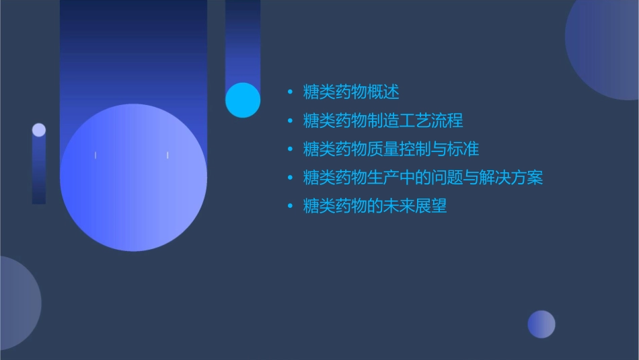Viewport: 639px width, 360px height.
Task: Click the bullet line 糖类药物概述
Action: click(x=351, y=92)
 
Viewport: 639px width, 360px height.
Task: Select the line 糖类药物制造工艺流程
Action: click(x=383, y=120)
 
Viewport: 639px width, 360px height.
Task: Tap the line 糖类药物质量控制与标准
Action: click(x=391, y=149)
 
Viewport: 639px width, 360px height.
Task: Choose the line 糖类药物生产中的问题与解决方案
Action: click(x=423, y=178)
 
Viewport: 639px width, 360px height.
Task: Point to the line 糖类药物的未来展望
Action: click(x=375, y=206)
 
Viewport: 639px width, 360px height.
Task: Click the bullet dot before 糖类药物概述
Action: click(x=290, y=92)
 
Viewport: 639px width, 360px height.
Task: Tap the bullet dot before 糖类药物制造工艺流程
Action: click(x=290, y=121)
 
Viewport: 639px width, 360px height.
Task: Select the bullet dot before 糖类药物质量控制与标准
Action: click(x=290, y=149)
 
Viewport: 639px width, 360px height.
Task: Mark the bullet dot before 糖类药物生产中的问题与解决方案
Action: click(x=290, y=178)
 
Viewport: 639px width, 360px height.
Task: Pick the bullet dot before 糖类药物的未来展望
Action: click(x=290, y=207)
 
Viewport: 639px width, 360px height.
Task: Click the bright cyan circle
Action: click(x=243, y=100)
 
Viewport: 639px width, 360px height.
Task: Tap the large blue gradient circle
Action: click(x=133, y=178)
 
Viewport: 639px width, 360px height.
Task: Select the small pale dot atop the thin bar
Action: click(x=39, y=130)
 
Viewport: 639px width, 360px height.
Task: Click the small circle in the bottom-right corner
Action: click(x=541, y=324)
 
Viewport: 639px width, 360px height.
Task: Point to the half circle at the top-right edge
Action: click(x=606, y=47)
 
